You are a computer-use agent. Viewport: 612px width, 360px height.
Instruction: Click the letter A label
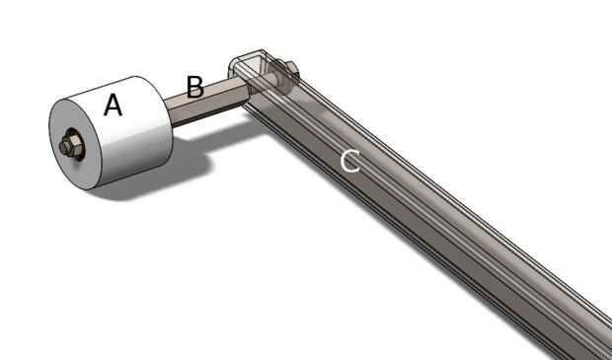[113, 106]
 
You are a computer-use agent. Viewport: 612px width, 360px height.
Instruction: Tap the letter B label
[195, 87]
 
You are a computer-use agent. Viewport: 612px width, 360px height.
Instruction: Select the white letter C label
[349, 162]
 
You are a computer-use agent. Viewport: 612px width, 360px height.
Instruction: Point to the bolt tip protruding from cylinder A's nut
[63, 147]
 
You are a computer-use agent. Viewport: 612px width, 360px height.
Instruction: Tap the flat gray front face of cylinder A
[74, 144]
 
